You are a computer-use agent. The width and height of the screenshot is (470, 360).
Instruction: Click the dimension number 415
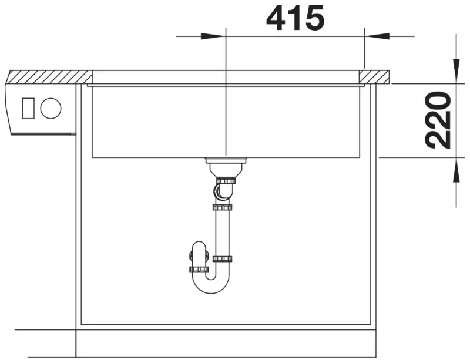coord(296,18)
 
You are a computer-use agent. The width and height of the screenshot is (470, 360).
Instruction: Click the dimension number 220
coord(438,120)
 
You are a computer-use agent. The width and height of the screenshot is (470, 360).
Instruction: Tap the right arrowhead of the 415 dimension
coord(377,36)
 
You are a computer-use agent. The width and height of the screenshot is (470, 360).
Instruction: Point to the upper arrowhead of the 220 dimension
coord(456,70)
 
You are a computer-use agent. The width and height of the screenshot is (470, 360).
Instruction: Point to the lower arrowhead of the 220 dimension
coord(456,170)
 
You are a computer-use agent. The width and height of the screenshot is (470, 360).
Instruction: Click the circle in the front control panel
coord(51,108)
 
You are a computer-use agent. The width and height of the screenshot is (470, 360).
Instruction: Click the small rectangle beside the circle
coord(28,108)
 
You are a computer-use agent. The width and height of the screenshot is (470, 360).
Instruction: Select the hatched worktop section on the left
coord(49,77)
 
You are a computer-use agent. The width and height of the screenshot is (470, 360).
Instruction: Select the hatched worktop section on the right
coord(374,77)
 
